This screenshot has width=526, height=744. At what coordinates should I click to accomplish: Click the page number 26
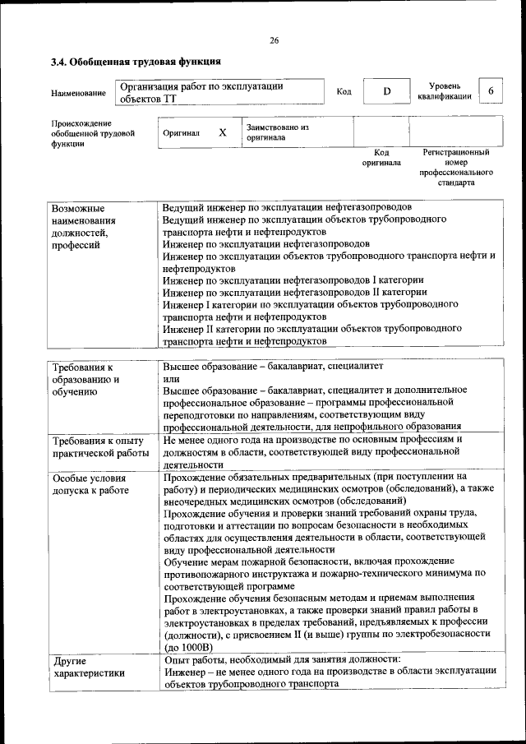click(x=274, y=41)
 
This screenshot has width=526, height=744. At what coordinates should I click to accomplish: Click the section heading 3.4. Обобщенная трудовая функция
click(x=136, y=62)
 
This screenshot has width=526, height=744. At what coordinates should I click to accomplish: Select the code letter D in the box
click(x=385, y=91)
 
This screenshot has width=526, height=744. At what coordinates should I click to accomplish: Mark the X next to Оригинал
click(x=222, y=132)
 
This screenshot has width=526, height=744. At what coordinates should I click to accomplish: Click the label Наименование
click(x=78, y=93)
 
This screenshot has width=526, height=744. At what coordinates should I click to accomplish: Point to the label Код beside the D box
click(x=344, y=91)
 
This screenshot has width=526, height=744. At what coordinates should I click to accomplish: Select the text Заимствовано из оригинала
click(x=277, y=133)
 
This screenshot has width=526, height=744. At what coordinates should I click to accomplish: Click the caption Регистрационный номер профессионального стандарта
click(x=455, y=168)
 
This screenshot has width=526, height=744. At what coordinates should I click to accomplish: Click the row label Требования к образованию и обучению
click(x=86, y=379)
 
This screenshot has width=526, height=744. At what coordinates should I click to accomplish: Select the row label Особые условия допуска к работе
click(x=90, y=484)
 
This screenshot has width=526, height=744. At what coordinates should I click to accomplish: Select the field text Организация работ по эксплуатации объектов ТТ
click(x=201, y=92)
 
